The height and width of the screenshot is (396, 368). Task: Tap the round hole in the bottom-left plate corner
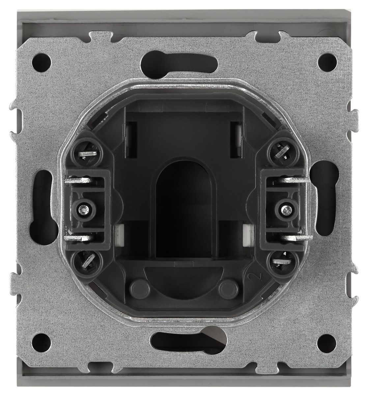tap(42, 343)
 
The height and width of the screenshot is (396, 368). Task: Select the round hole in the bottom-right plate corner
tap(327, 343)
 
